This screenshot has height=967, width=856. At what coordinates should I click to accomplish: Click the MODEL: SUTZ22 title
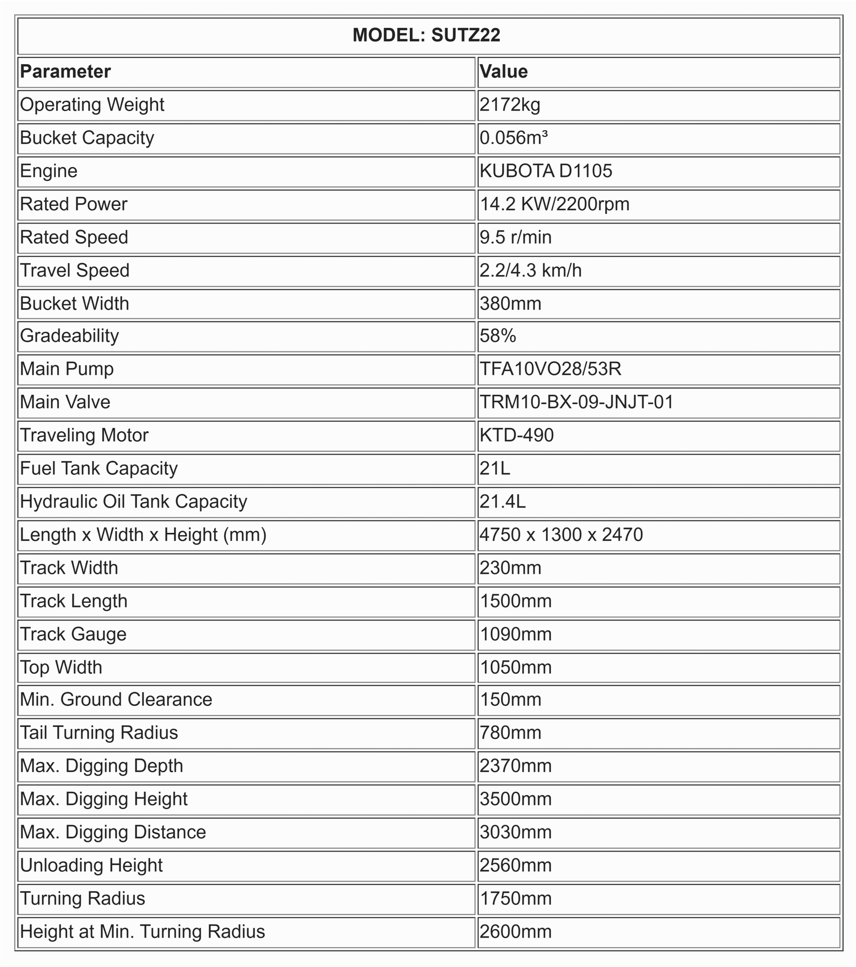[x=426, y=35]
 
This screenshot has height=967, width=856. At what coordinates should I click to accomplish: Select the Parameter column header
[x=65, y=72]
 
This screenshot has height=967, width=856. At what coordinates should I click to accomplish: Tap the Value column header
[x=503, y=72]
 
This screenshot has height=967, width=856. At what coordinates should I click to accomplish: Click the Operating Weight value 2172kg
[x=510, y=105]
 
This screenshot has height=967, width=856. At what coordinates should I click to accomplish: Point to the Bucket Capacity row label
[x=87, y=138]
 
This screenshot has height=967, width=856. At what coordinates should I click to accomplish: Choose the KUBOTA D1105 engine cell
[x=546, y=171]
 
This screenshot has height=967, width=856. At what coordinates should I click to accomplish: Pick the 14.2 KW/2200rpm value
[x=554, y=204]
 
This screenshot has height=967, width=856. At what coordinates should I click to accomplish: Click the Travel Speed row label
[x=75, y=271]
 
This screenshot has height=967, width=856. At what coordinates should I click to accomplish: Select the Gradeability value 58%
[x=498, y=336]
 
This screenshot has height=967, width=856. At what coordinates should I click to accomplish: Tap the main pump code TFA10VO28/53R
[x=551, y=369]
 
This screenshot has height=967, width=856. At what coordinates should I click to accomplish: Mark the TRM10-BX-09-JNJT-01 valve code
[x=576, y=402]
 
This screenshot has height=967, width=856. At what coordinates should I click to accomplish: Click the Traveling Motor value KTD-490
[x=517, y=435]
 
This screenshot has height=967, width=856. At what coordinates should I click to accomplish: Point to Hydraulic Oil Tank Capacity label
[x=134, y=502]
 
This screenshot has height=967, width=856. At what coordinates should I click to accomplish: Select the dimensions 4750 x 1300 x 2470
[x=561, y=535]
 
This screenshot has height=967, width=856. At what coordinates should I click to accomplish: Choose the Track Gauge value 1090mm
[x=515, y=634]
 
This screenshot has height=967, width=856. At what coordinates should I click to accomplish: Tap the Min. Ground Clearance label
[x=116, y=700]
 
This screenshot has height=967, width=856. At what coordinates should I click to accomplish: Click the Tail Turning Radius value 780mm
[x=510, y=733]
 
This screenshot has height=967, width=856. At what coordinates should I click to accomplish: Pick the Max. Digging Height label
[x=104, y=799]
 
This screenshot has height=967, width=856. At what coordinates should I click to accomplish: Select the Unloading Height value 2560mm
[x=515, y=865]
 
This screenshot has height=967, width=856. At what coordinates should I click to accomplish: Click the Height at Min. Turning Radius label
[x=142, y=932]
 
